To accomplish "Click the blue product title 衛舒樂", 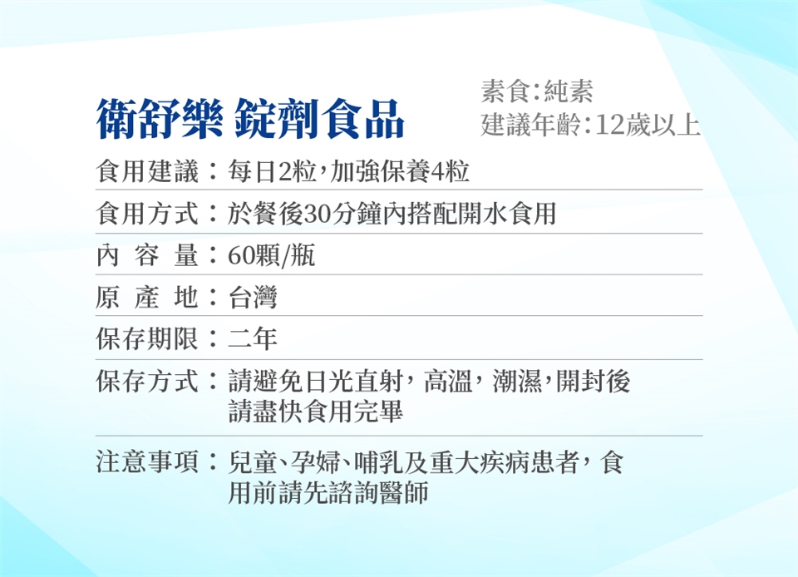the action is point(160,119).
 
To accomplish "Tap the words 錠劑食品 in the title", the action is point(320,119).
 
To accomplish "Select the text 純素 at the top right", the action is point(569,91).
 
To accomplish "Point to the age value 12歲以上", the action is point(648,126).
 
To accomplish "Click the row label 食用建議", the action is point(147,170).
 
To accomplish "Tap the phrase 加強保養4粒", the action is point(400,170).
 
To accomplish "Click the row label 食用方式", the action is point(147,213).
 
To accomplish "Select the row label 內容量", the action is point(147,255).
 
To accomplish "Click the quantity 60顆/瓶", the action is point(271,255).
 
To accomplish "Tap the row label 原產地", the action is point(147,297).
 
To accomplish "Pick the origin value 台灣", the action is point(253,297).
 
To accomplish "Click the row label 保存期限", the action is point(147,338).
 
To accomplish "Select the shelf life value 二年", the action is point(253,338).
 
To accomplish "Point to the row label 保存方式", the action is point(147,381).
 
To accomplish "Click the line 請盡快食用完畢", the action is point(316,411).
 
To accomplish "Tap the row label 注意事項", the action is point(147,461).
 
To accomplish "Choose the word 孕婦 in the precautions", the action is point(315,461).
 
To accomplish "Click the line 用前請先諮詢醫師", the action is point(328,492).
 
